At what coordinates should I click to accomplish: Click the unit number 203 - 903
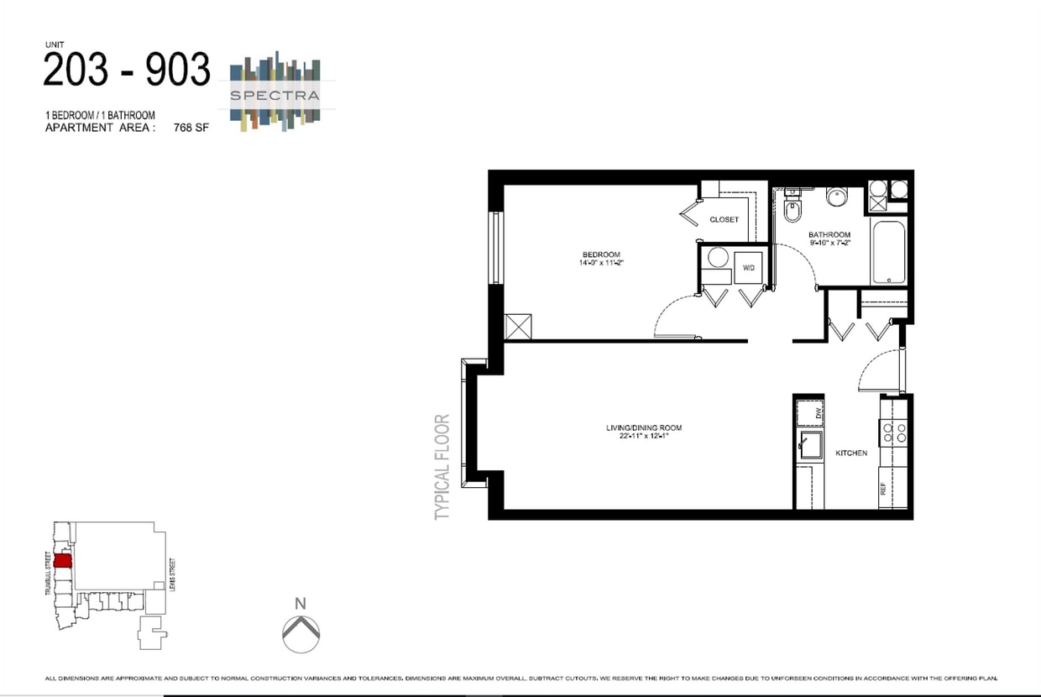click(x=126, y=71)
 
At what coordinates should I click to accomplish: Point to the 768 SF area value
click(x=191, y=128)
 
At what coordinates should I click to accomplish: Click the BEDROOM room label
click(x=601, y=254)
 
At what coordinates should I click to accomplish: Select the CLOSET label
click(x=724, y=220)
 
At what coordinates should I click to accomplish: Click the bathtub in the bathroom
click(x=887, y=253)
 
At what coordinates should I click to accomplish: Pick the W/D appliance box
click(x=748, y=269)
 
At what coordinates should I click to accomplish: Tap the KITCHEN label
click(x=850, y=453)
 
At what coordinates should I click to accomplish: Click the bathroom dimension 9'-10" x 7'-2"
click(x=829, y=243)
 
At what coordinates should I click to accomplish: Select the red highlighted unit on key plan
click(x=63, y=560)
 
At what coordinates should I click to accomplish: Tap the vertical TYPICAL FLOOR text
click(x=443, y=467)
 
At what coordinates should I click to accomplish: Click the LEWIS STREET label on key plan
click(x=170, y=576)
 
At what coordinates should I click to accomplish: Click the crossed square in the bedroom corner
click(x=517, y=327)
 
